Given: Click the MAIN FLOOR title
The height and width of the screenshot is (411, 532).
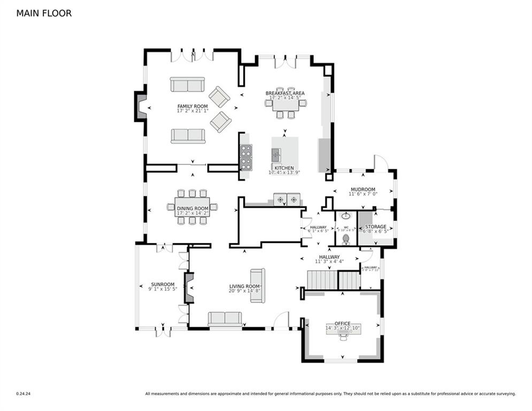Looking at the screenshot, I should click(44, 13).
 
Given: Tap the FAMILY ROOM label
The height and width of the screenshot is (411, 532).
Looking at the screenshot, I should click(192, 106).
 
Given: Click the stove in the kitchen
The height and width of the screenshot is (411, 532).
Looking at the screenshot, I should click(246, 157).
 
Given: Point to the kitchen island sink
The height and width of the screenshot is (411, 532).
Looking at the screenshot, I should click(276, 155).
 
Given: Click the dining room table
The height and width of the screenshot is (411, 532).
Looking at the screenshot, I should click(192, 207).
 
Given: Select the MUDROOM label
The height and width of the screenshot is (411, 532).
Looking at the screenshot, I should click(363, 189).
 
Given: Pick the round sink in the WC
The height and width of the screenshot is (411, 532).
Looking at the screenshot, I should click(345, 216).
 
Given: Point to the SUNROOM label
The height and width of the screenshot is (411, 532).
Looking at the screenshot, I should click(162, 284).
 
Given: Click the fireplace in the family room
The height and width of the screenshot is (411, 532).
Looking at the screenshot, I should click(141, 106).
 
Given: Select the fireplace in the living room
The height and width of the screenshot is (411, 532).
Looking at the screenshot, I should click(188, 288).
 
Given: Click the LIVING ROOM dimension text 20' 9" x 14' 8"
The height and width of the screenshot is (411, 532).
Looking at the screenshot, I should click(244, 291).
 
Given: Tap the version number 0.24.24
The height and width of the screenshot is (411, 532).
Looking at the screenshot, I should click(24, 394).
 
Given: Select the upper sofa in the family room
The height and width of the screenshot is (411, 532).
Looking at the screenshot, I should click(187, 85).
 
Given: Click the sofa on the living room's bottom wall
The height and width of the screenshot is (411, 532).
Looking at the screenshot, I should click(225, 319).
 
